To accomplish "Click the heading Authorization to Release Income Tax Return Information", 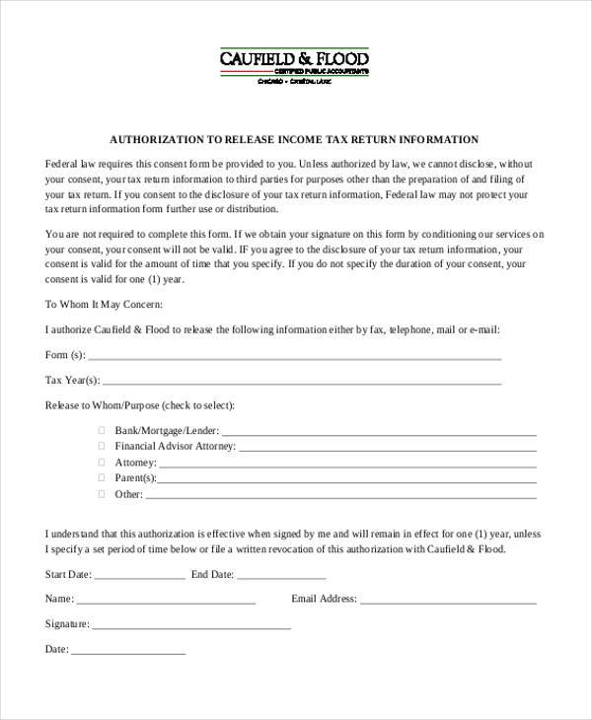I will [295, 139].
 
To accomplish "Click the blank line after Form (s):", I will [296, 357].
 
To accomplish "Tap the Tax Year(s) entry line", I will [301, 383].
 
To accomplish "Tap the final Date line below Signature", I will [128, 653].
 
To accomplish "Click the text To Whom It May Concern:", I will [104, 304].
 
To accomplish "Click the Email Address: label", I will [323, 599].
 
